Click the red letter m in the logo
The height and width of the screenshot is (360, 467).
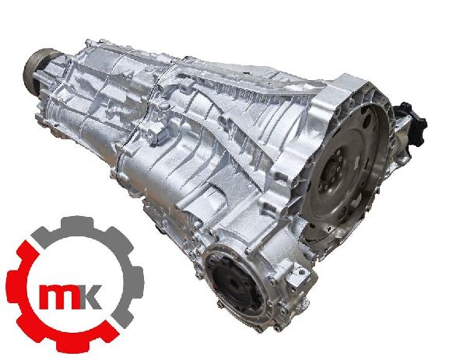click(x=60, y=296)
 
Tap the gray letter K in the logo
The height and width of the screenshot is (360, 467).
click(x=91, y=296)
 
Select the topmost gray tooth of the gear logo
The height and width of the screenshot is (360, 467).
click(x=77, y=222)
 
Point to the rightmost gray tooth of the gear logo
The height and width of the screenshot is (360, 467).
click(x=138, y=281)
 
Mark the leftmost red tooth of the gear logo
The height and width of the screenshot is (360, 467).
click(x=13, y=285)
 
